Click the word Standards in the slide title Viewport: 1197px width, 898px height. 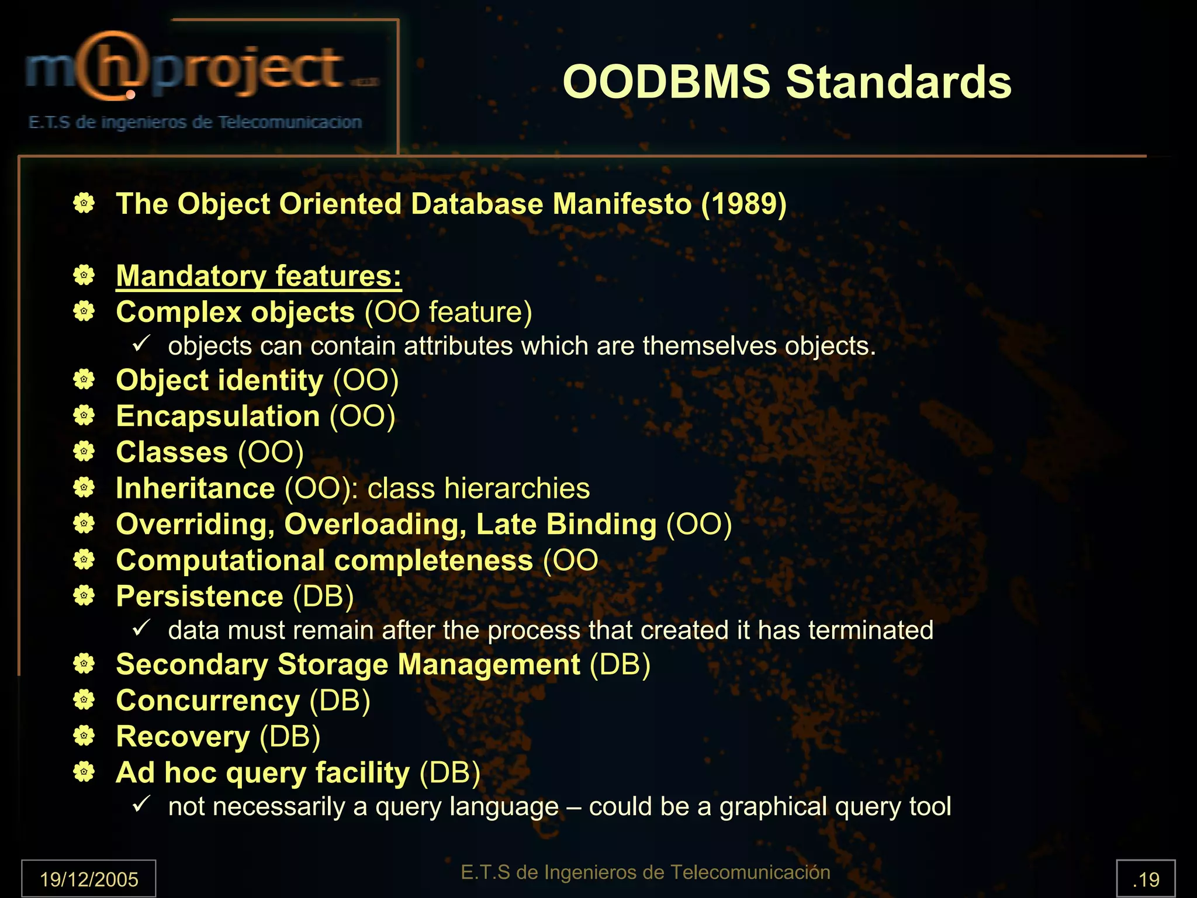coord(898,82)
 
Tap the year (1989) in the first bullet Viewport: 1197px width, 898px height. coord(743,204)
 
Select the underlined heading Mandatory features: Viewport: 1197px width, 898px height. coord(258,276)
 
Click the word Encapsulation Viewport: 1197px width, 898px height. coord(217,417)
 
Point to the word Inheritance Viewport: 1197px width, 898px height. coord(195,488)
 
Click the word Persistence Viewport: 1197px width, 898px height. coord(199,597)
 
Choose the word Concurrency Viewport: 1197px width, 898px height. coord(207,701)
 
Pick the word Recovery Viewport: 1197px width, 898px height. coord(182,737)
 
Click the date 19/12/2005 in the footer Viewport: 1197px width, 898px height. coord(89,879)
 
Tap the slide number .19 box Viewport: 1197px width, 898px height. coord(1146,879)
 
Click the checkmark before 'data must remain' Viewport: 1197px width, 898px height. coord(141,628)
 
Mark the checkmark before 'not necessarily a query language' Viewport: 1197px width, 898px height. coord(141,804)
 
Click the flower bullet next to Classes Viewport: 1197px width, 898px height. coord(84,452)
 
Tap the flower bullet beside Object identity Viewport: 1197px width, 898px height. coord(84,380)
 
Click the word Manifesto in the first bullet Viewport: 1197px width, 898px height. coord(622,204)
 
